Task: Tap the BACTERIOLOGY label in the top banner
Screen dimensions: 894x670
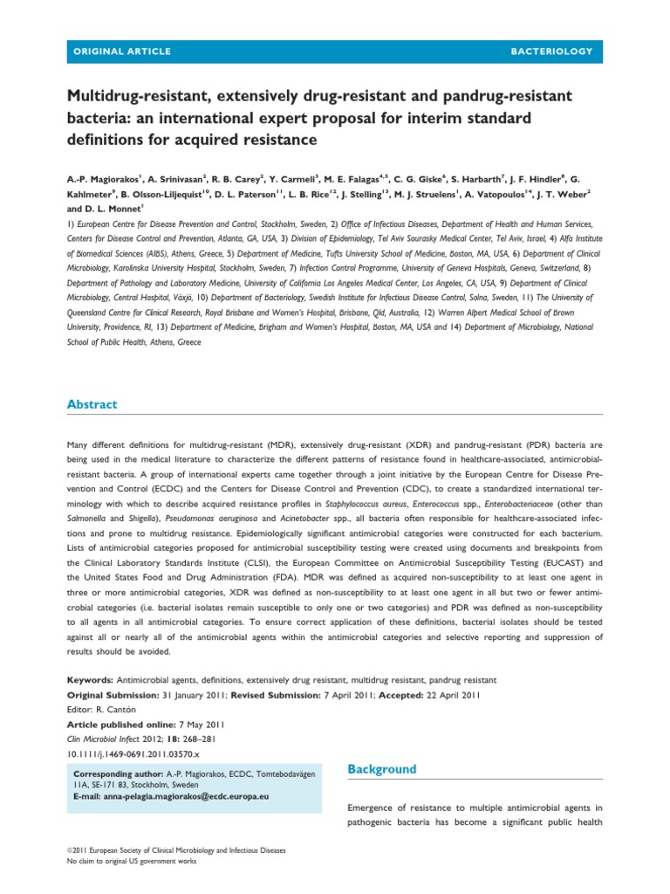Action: (x=552, y=52)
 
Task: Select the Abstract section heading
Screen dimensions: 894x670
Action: (x=92, y=404)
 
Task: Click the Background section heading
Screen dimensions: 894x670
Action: (x=382, y=769)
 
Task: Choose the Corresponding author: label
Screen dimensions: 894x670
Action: (x=117, y=774)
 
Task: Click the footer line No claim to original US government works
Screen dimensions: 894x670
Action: (x=132, y=861)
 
